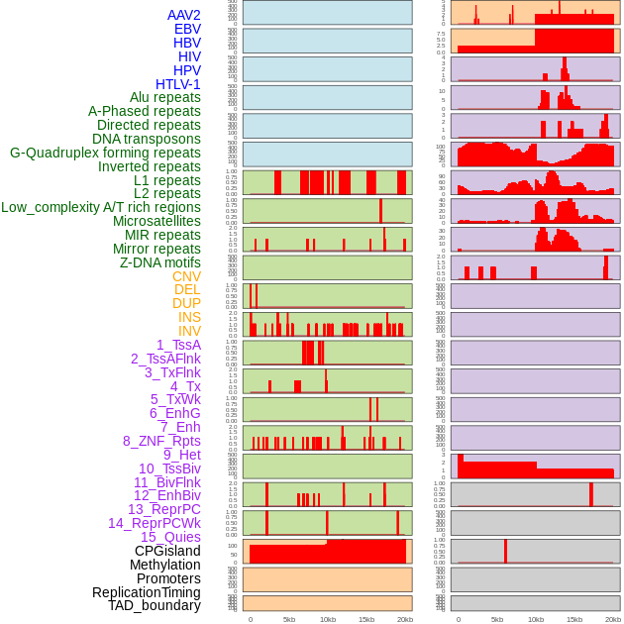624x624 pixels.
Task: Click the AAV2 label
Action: [x=184, y=15]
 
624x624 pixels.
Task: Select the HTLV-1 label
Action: [x=178, y=84]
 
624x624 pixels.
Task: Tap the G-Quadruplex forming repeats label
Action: [x=105, y=153]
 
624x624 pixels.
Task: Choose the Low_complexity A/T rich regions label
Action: [x=101, y=207]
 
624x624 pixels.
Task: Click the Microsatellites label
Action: [x=156, y=221]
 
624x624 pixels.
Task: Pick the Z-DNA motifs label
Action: [x=160, y=262]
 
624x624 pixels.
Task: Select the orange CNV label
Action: [x=186, y=276]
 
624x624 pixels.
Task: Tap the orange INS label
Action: [x=189, y=317]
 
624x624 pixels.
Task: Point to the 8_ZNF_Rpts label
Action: [x=161, y=441]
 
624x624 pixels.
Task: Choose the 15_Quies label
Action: [x=170, y=537]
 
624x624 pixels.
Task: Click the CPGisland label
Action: [x=167, y=551]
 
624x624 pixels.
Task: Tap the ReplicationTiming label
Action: [x=147, y=592]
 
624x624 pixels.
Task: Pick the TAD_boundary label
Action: [x=155, y=605]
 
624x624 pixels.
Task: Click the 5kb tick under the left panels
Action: [x=289, y=619]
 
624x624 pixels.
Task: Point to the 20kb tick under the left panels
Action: [x=405, y=619]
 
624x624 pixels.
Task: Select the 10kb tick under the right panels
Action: [x=536, y=619]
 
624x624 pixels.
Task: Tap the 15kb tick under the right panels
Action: [x=574, y=619]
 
